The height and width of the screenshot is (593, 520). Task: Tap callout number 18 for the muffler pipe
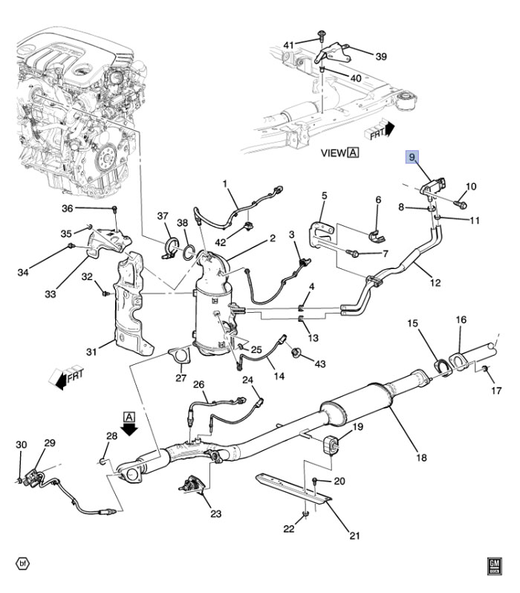point(421,458)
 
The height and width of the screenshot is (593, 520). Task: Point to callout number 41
point(289,45)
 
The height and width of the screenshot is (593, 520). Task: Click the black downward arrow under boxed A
point(130,430)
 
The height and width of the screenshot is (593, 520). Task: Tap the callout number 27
point(181,378)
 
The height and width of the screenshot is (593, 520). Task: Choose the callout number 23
point(215,513)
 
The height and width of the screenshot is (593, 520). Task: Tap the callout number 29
point(50,444)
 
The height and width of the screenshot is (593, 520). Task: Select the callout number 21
point(354,535)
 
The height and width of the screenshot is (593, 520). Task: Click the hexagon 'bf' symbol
point(23,563)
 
